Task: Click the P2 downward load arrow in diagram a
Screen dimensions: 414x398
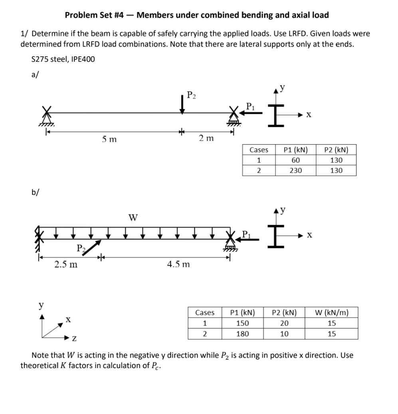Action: [x=182, y=105]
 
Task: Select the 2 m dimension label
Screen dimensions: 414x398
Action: [x=206, y=139]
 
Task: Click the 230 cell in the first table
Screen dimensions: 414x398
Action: [x=295, y=170]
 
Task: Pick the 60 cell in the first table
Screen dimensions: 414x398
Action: [x=295, y=160]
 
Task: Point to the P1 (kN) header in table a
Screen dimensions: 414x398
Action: [x=295, y=150]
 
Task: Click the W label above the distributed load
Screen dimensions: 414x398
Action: [x=133, y=218]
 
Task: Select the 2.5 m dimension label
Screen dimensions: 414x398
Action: [x=66, y=264]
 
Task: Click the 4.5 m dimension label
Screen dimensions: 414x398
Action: [x=178, y=264]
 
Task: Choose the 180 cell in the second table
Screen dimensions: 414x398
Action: [x=242, y=334]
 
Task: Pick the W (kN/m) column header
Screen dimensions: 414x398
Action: [x=331, y=313]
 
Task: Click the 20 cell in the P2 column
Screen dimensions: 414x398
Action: [x=284, y=323]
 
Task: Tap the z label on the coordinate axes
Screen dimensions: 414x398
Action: [x=74, y=339]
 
